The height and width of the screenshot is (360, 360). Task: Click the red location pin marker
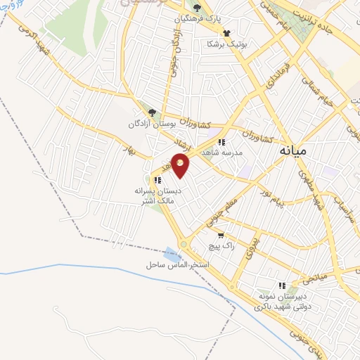pos(181,167)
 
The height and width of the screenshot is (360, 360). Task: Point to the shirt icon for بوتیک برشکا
pos(226,32)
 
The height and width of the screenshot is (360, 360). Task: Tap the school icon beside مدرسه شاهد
pos(221,141)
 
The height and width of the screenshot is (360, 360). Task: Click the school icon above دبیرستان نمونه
pos(282,285)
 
